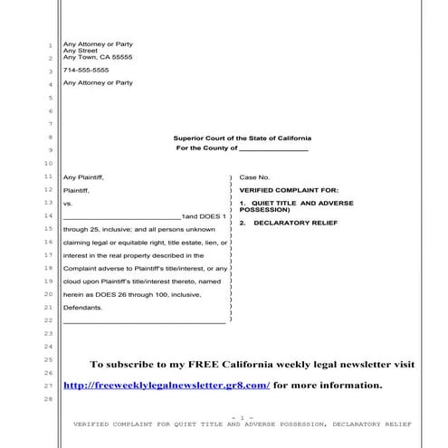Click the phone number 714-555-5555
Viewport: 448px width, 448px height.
(85, 70)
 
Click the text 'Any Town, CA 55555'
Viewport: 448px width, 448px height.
(97, 57)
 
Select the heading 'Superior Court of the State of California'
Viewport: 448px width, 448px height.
(241, 138)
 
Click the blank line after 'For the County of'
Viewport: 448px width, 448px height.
(273, 149)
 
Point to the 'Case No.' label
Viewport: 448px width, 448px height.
(254, 177)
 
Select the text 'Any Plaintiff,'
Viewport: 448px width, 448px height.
(84, 177)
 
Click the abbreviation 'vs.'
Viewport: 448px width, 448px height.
(67, 205)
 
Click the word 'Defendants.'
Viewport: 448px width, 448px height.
(82, 308)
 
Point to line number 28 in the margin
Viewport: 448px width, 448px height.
(47, 399)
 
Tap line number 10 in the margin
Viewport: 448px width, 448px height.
(47, 163)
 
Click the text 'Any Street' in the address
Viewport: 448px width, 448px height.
(80, 51)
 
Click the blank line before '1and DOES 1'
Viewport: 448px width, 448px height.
(122, 218)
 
